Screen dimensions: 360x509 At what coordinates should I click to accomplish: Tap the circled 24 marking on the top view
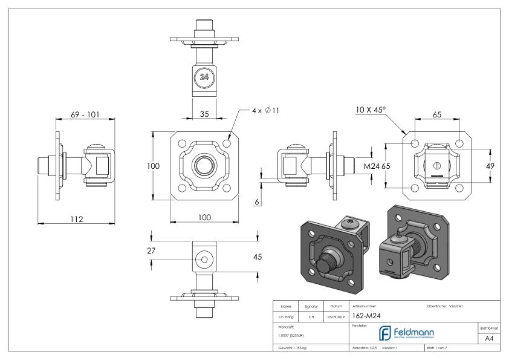tap(204, 77)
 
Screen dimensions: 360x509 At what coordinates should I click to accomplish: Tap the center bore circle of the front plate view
tap(201, 165)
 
